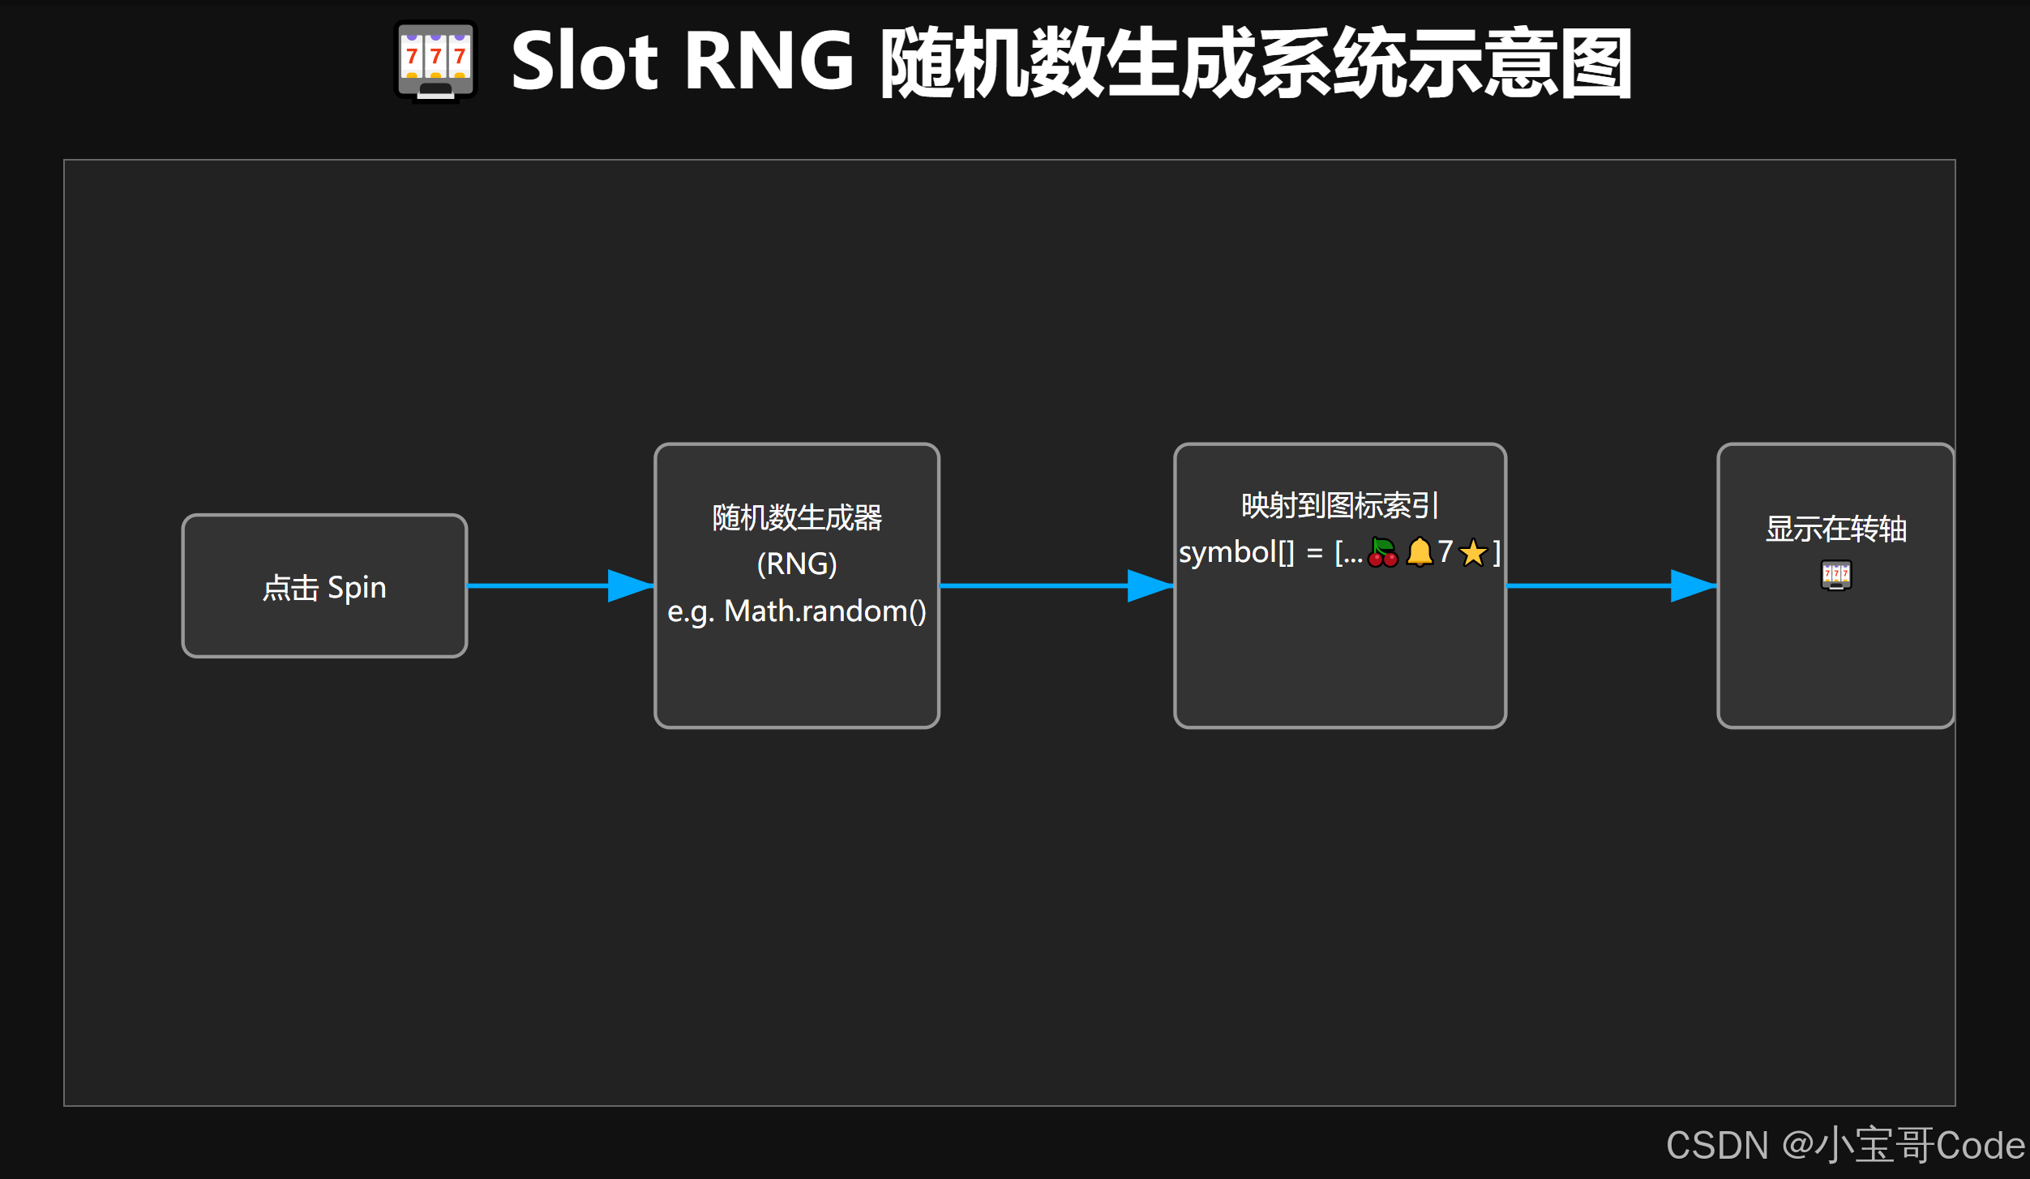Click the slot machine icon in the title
(x=435, y=62)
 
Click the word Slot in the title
(x=584, y=62)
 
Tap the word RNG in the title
(x=769, y=62)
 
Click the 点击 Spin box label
(x=324, y=588)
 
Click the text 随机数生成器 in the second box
(x=797, y=518)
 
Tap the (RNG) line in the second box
(x=797, y=564)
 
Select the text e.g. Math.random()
(x=797, y=611)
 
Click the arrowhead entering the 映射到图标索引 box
(x=1150, y=585)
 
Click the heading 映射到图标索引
(x=1339, y=506)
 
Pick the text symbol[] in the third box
(x=1236, y=553)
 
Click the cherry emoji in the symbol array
(x=1382, y=553)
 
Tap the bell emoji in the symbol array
(x=1420, y=553)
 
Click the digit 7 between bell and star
(x=1445, y=552)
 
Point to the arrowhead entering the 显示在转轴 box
(x=1694, y=585)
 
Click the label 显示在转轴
(x=1836, y=529)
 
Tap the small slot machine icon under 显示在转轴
(x=1836, y=576)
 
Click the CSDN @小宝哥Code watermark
(x=1845, y=1145)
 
